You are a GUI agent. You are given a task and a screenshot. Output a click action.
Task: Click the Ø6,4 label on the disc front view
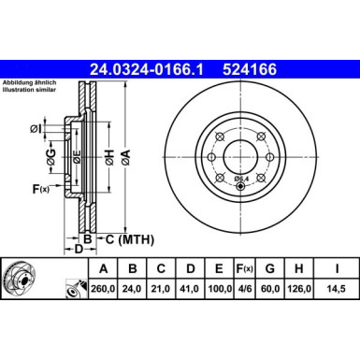pos(241,178)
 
